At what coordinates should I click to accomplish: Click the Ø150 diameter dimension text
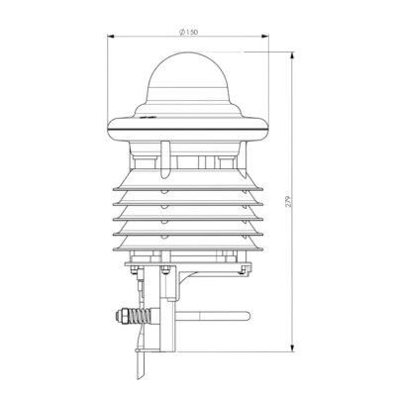[x=188, y=32]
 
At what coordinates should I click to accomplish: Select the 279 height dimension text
[x=289, y=202]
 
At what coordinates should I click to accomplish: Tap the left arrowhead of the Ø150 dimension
[x=111, y=37]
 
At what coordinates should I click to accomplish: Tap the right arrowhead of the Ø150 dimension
[x=265, y=37]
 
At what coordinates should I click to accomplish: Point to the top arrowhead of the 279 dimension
[x=292, y=55]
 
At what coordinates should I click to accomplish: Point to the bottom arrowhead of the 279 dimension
[x=292, y=348]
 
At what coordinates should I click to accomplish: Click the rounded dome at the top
[x=188, y=76]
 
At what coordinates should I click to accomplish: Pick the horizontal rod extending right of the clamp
[x=213, y=316]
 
